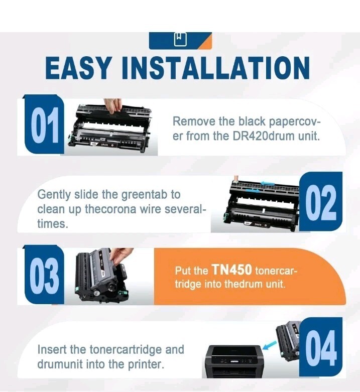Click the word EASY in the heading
coord(77,68)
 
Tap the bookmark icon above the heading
coord(180,39)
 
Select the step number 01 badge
coord(44,124)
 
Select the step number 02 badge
coord(321,201)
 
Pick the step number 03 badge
coord(44,275)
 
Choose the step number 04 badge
coord(321,348)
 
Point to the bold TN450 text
coord(231,270)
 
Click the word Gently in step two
coord(54,195)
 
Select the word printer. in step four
coord(146,364)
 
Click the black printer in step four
coord(233,361)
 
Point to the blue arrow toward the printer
coord(270,346)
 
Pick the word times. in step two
coord(53,223)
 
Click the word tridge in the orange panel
coord(188,284)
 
